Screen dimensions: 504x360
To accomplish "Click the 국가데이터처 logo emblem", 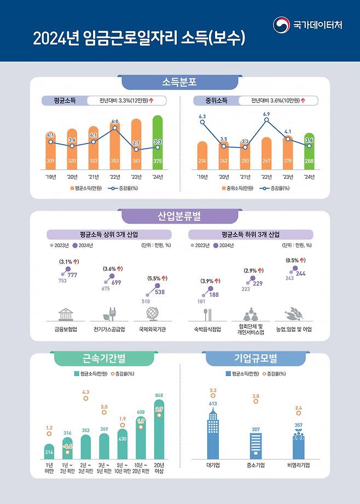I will tap(282, 25).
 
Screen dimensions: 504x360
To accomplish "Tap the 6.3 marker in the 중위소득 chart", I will tap(202, 122).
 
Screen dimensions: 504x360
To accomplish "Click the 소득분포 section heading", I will tap(179, 83).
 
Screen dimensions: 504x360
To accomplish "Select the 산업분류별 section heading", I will tap(179, 216).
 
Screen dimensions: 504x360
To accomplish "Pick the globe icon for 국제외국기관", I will tap(152, 314).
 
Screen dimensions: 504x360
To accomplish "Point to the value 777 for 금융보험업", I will tap(72, 275).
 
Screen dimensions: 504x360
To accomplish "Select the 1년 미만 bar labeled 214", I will tap(49, 452).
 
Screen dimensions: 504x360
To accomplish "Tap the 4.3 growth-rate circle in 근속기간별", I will tap(85, 398).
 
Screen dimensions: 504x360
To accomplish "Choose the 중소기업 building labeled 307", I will tap(256, 445).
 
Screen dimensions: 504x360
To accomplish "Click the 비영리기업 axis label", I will tap(298, 465).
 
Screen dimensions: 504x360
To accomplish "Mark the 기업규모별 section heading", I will tap(257, 359).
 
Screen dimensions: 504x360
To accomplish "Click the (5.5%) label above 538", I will tap(153, 278).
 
